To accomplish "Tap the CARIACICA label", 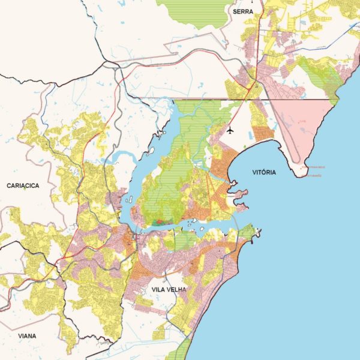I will coord(23,186).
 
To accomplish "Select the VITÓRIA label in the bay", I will coord(264,172).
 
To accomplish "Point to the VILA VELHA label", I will coord(169,289).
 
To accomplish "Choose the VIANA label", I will coord(27,336).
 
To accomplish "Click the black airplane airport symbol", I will coord(230,130).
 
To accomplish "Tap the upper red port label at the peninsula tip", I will coord(313,167).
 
